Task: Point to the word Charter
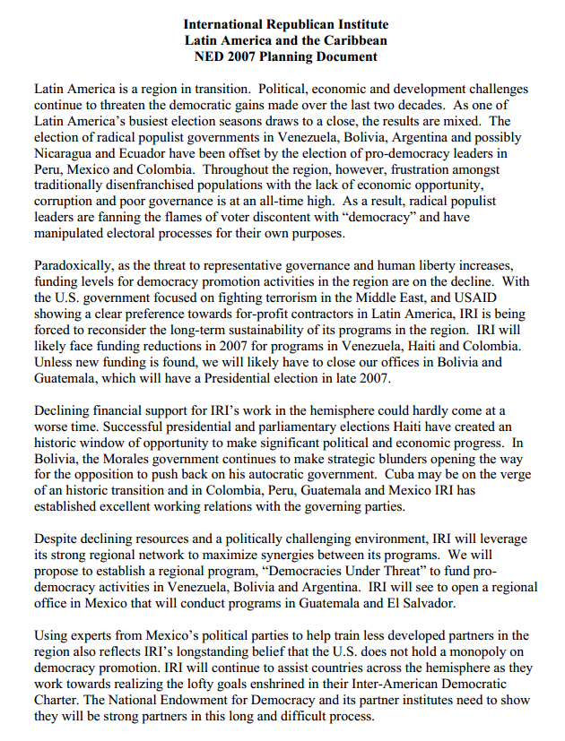60,700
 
